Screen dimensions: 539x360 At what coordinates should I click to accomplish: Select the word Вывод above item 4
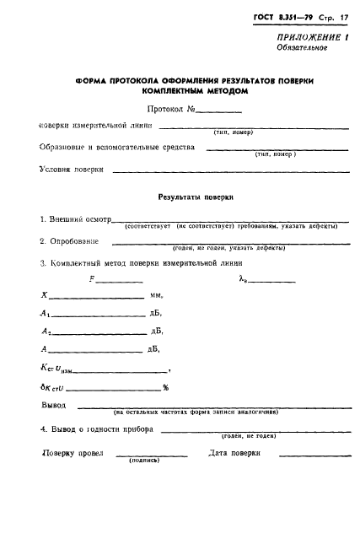pos(54,405)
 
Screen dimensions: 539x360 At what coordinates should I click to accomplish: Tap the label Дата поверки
pos(234,453)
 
